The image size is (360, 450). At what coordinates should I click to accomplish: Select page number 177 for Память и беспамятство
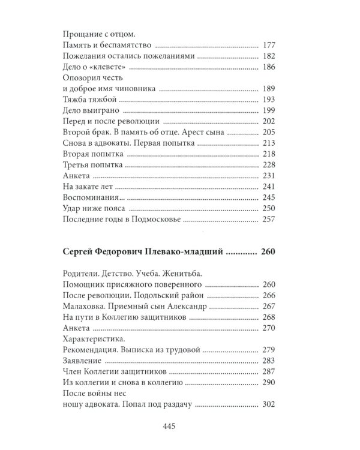269,45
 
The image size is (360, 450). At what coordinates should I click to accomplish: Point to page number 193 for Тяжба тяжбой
269,100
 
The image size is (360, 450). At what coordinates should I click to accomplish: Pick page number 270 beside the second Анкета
269,328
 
